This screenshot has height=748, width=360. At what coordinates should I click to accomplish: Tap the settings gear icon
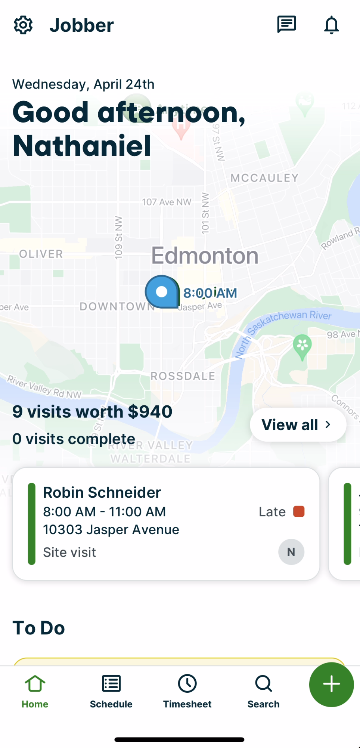point(23,25)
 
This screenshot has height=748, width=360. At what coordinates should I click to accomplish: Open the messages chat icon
point(286,25)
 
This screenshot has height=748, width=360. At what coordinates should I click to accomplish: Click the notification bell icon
point(331,25)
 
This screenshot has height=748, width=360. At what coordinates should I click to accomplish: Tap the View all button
point(298,425)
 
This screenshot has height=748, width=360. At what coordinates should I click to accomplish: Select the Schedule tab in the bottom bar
point(111,691)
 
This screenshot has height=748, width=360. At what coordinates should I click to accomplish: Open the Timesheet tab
point(187,691)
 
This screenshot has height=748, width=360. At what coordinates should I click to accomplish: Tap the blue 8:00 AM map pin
point(162,292)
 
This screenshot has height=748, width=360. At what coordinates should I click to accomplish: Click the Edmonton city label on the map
point(205,256)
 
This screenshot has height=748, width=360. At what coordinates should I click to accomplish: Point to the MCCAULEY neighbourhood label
point(264,178)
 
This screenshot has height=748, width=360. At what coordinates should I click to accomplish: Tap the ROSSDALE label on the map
point(183,376)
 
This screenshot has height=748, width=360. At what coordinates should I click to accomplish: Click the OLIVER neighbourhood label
point(41,254)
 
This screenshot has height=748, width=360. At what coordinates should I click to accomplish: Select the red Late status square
point(299,511)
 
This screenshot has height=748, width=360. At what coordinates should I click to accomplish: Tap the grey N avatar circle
point(291,552)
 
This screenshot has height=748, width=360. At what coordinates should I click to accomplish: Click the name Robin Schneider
point(102,492)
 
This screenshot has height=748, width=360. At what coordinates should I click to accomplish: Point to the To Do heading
point(39,628)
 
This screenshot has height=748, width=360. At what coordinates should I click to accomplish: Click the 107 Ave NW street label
point(167,202)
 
